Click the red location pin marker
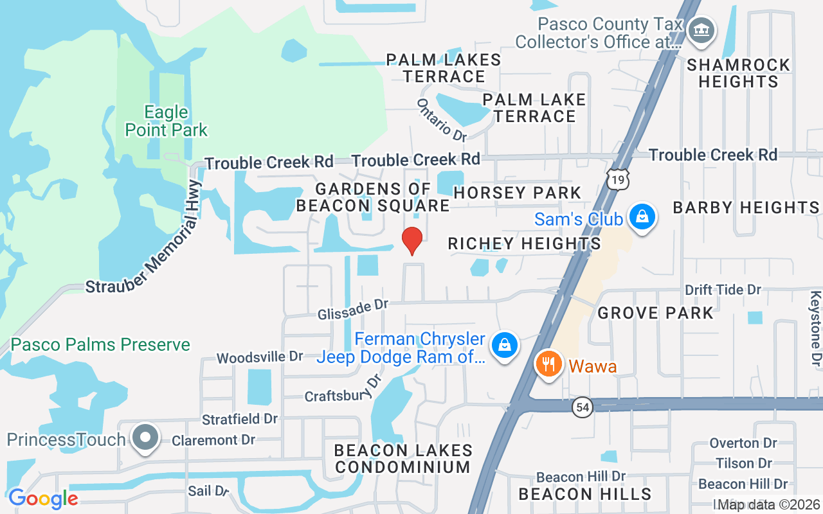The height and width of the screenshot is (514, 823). point(411,240)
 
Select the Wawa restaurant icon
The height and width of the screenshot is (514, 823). point(548,364)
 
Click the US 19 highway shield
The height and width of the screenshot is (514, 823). point(618,181)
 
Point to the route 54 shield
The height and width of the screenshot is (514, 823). point(583,408)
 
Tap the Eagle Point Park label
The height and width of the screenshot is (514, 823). point(166,121)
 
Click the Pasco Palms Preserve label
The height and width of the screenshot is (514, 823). point(101,345)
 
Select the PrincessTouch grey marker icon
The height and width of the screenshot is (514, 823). point(146,438)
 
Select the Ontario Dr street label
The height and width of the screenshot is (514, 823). point(442,120)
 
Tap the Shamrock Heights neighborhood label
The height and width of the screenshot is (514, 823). point(738,73)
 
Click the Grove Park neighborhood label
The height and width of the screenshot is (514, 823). point(656,314)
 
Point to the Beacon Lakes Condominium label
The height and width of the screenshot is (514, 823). point(404,459)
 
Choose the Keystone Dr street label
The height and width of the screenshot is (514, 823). point(815,329)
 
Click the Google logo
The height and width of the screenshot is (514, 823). point(43,499)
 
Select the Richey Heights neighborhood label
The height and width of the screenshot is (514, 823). point(524,244)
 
